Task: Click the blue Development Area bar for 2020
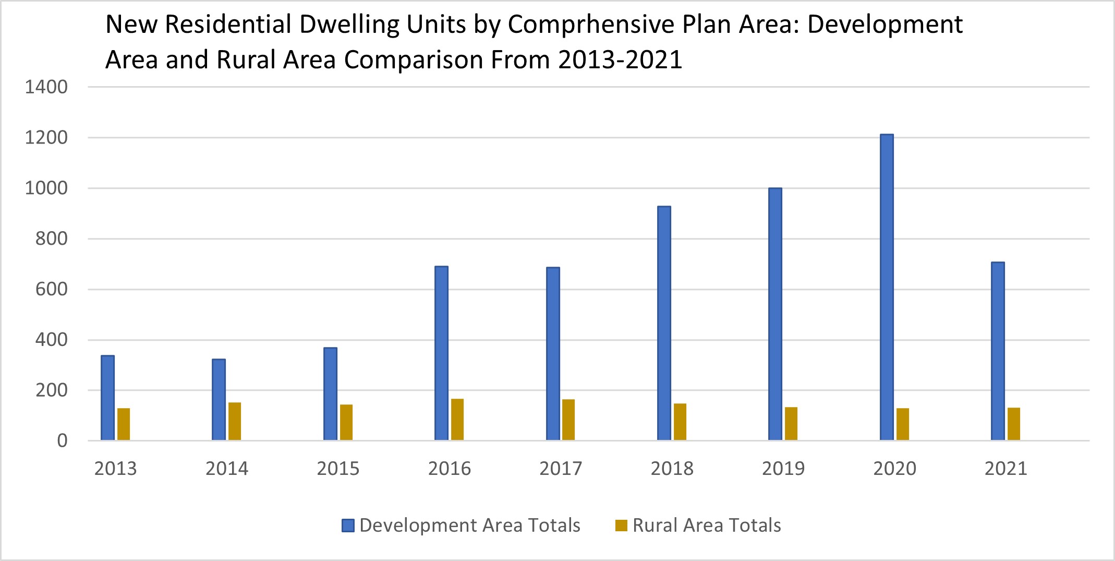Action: [x=887, y=287]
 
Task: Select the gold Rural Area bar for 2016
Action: [x=457, y=420]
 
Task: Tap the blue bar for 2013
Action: [x=107, y=398]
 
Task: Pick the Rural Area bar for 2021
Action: [x=1014, y=424]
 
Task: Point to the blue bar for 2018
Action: [x=664, y=324]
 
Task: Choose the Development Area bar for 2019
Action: [x=775, y=314]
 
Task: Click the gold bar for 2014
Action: [x=235, y=421]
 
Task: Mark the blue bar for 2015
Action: [x=330, y=394]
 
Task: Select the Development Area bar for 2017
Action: [x=553, y=354]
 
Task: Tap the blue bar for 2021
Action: [x=998, y=351]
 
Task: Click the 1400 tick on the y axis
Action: [x=46, y=87]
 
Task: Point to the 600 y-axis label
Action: [x=51, y=289]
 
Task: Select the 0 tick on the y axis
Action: [x=62, y=441]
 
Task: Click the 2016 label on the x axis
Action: [x=449, y=469]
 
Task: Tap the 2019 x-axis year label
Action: [x=783, y=469]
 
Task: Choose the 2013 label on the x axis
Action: [x=115, y=469]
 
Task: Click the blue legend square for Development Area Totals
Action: [x=348, y=526]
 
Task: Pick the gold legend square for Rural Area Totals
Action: [x=621, y=526]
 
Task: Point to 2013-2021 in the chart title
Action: [x=620, y=59]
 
